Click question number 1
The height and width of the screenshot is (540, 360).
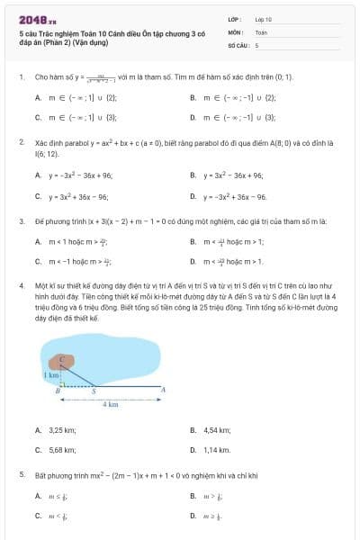[x=21, y=77]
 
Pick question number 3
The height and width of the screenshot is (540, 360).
[x=21, y=220]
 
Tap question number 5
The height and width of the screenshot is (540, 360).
[x=21, y=472]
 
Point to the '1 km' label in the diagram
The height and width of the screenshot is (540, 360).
[x=50, y=373]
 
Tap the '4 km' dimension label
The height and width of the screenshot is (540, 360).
[x=110, y=405]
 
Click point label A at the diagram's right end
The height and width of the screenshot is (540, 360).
[x=163, y=389]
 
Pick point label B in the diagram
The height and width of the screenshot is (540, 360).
[x=58, y=392]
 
